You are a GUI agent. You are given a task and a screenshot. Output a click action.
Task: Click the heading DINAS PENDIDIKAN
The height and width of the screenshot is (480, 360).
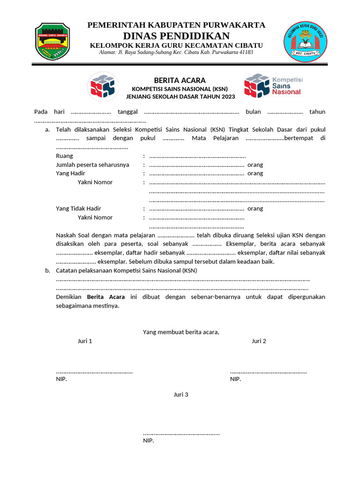[x=176, y=36]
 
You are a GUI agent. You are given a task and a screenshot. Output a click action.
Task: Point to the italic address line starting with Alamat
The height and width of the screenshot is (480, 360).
[x=176, y=52]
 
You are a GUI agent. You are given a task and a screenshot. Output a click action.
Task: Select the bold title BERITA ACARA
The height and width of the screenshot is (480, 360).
[x=180, y=81]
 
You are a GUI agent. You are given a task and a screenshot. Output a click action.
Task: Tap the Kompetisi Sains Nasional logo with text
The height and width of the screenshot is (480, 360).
[x=273, y=85]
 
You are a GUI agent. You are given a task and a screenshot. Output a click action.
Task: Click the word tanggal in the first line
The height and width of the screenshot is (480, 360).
[x=127, y=112]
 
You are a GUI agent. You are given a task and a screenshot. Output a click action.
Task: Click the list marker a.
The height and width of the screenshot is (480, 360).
[x=47, y=129]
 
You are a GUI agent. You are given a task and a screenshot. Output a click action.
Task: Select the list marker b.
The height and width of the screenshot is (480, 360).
[x=47, y=270]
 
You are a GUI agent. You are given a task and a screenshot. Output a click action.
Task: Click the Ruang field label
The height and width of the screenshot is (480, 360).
[x=64, y=156]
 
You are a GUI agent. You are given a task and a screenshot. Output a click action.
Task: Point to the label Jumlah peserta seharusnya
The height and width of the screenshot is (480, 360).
[x=92, y=165]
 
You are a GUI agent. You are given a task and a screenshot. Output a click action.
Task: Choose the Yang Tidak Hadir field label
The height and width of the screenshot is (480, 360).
[x=78, y=209]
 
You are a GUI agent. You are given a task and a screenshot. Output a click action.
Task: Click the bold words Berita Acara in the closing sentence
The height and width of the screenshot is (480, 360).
[x=106, y=297]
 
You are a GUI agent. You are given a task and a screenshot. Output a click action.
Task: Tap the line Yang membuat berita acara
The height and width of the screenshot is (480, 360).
[x=181, y=332]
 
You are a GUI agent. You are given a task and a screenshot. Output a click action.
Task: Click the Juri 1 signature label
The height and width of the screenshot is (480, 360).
[x=85, y=341]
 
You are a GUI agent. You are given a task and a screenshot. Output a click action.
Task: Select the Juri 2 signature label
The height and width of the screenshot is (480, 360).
[x=259, y=341]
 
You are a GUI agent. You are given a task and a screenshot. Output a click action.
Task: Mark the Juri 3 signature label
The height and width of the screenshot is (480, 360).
[x=181, y=395]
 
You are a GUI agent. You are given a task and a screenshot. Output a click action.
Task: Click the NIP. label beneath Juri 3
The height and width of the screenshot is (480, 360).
[x=148, y=441]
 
